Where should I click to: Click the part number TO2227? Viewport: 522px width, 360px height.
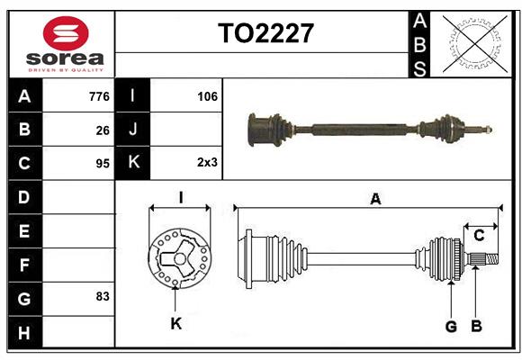pos(266,34)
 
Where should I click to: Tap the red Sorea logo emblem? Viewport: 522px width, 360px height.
pos(66,33)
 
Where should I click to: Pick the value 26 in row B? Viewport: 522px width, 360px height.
pos(103,130)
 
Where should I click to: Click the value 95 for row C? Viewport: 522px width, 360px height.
pos(103,164)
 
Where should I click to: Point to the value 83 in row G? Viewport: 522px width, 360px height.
pos(102,296)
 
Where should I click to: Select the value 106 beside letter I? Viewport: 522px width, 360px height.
pos(207,95)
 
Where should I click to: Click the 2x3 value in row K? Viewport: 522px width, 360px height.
pos(207,163)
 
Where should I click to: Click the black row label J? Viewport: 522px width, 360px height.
pos(132,130)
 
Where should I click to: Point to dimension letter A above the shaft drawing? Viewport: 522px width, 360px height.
pos(375,199)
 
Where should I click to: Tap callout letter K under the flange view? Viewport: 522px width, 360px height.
pos(176,323)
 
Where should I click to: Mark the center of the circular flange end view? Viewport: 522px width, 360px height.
pos(180,260)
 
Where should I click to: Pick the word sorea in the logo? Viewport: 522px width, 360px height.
pos(66,58)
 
